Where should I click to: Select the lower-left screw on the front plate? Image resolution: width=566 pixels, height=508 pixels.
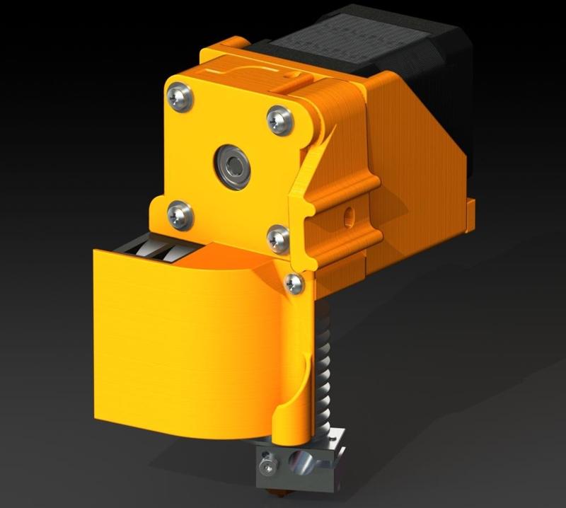point(180,214)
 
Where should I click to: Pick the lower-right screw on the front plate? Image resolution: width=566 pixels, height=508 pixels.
point(278,238)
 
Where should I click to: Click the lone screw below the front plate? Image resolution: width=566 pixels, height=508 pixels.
point(294,284)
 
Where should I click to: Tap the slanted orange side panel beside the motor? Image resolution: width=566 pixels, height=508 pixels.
point(417,149)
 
